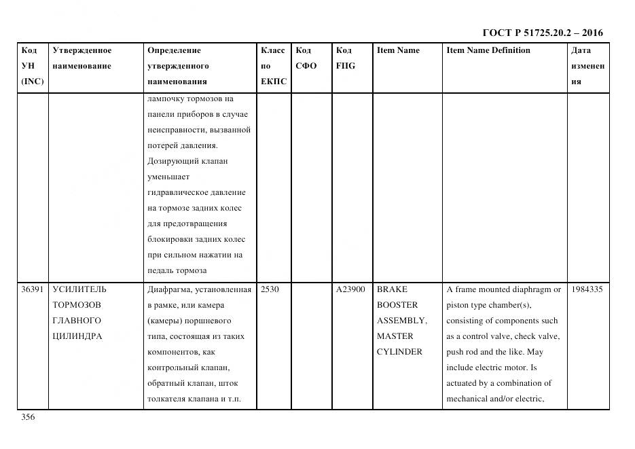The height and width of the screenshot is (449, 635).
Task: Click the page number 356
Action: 28,418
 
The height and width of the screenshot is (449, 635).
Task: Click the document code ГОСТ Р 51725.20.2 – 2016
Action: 542,33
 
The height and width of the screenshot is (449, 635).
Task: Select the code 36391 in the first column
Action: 33,289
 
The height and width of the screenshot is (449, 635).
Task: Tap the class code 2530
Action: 270,289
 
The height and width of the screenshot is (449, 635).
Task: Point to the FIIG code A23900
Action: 350,289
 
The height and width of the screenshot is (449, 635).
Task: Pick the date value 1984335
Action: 587,289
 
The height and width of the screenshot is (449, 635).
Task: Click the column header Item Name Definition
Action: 488,50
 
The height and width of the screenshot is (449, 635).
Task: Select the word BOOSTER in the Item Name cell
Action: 397,305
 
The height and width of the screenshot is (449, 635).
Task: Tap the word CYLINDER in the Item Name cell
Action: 399,352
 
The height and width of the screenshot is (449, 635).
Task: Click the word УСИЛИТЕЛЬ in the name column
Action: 79,289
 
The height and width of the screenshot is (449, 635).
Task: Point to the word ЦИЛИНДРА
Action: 77,336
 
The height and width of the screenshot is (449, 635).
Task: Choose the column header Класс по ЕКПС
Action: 273,66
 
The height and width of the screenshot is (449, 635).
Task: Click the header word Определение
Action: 174,50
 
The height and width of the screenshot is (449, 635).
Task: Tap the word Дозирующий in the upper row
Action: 171,161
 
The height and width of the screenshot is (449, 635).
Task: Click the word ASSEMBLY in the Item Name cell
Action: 401,321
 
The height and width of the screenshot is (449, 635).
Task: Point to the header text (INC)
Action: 32,82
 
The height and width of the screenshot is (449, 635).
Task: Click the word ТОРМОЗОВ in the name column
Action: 76,305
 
